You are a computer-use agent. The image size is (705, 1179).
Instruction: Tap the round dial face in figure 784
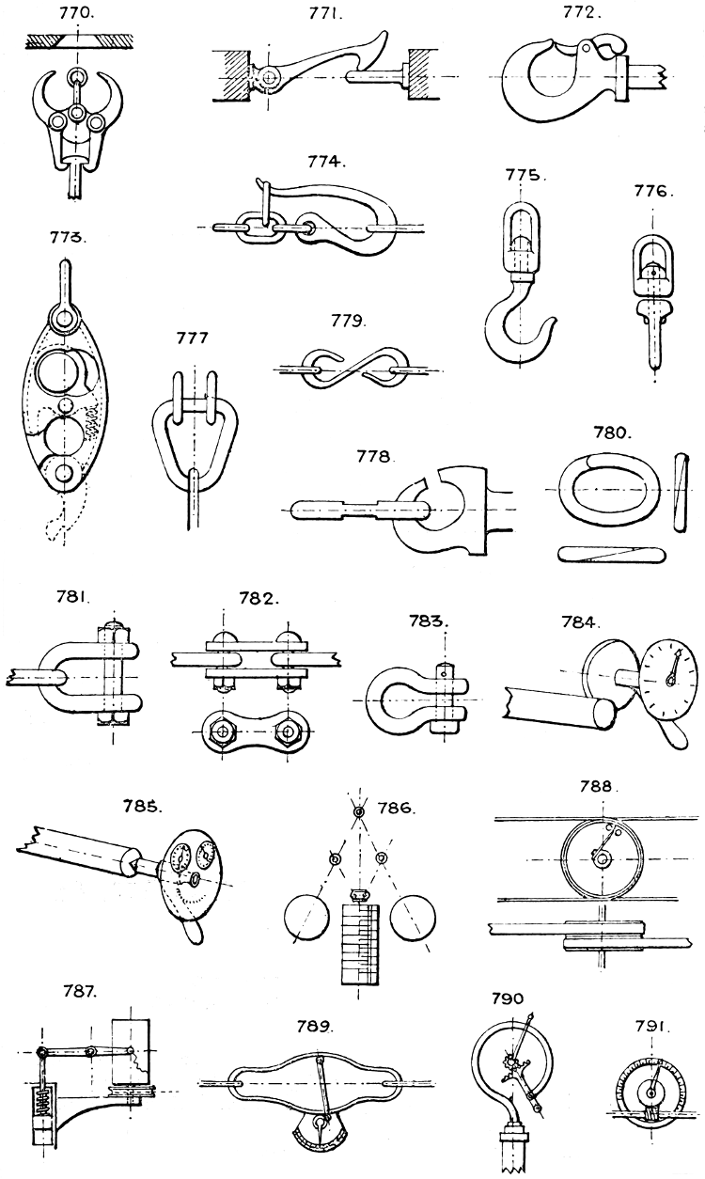tap(669, 674)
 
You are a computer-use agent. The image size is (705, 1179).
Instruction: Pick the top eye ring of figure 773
tap(63, 321)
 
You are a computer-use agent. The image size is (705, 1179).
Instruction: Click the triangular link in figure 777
tap(195, 438)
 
